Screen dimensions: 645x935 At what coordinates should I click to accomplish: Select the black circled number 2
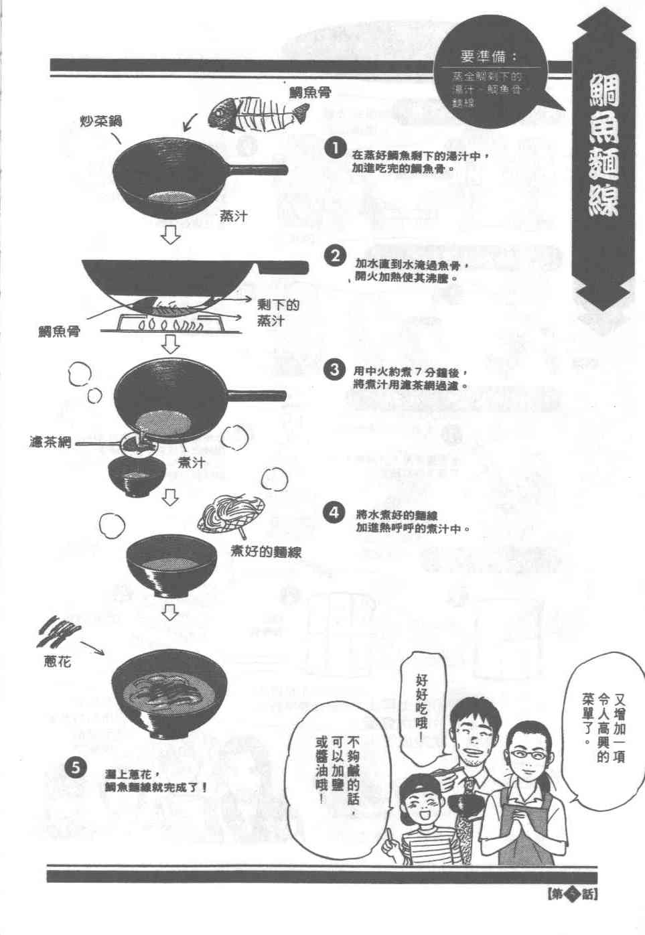point(334,257)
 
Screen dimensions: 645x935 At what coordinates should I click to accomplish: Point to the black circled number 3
point(334,370)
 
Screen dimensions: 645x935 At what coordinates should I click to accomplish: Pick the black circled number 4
point(334,514)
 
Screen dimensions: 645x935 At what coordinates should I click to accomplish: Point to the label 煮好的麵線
point(267,553)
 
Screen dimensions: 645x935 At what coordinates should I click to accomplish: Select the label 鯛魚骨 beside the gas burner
point(58,330)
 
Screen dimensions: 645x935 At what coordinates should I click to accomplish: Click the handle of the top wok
point(258,169)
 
